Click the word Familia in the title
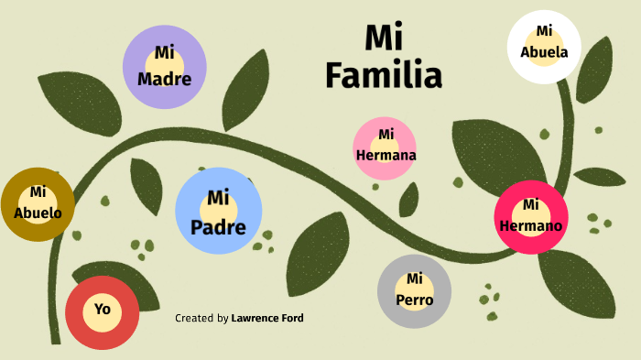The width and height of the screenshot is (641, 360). click(x=384, y=74)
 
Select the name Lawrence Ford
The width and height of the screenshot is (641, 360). click(x=267, y=319)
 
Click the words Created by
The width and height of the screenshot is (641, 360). click(x=201, y=319)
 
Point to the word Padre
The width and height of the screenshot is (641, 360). click(x=218, y=226)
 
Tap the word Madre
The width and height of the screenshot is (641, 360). click(x=164, y=79)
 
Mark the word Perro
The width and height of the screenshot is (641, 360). click(x=415, y=300)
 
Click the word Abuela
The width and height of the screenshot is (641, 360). click(x=544, y=52)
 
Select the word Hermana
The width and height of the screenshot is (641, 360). click(x=386, y=155)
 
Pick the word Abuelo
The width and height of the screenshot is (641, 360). click(x=38, y=213)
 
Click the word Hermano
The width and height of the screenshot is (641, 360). click(x=531, y=224)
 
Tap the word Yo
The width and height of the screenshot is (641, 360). click(x=102, y=310)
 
